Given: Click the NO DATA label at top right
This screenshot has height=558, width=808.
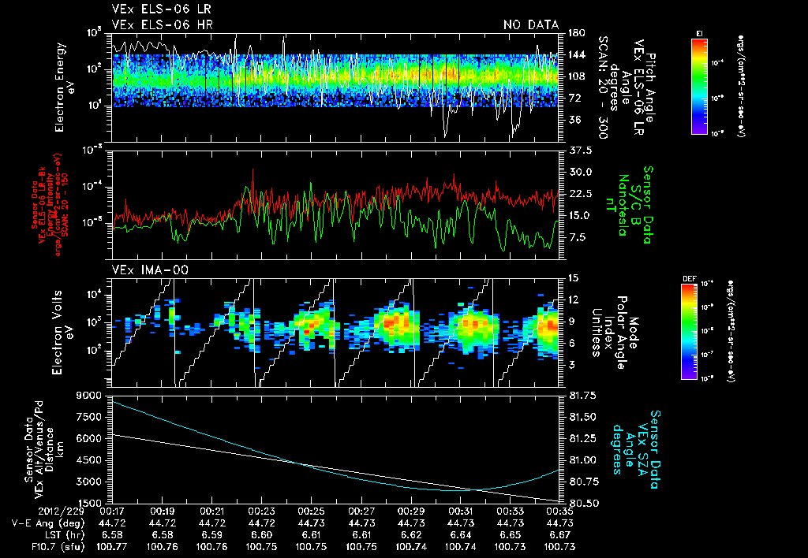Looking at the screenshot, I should tap(531, 25).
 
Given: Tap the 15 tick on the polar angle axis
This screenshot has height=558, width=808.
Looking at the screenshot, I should tap(572, 277).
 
